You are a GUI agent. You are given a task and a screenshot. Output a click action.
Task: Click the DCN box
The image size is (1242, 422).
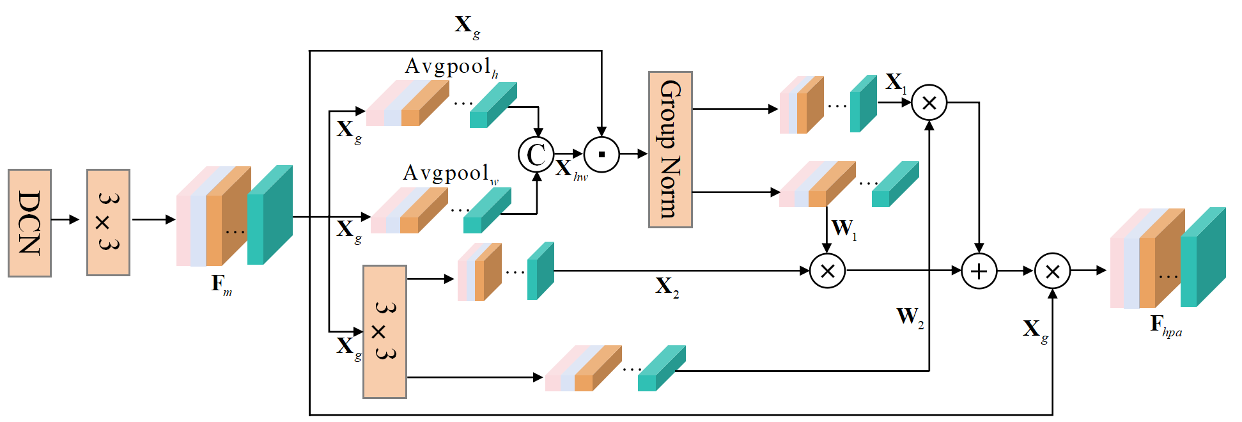[29, 223]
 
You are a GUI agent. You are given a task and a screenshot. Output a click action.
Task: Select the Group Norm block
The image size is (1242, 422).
[671, 150]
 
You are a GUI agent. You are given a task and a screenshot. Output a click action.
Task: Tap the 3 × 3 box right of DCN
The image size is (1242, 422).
[109, 223]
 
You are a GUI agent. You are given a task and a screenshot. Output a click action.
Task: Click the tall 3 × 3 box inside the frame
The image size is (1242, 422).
[385, 332]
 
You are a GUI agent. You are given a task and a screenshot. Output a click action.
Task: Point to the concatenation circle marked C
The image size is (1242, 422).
[536, 155]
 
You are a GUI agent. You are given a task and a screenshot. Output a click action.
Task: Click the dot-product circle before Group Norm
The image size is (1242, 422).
[602, 155]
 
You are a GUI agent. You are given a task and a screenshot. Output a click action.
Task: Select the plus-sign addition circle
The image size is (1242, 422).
[979, 271]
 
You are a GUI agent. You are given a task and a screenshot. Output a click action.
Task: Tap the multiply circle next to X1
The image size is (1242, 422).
[929, 102]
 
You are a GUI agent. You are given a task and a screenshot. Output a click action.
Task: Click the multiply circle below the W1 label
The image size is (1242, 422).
[827, 271]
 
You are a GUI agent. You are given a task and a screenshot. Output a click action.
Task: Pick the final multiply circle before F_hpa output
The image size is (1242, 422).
[1052, 271]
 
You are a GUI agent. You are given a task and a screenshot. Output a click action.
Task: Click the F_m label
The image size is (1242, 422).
[222, 285]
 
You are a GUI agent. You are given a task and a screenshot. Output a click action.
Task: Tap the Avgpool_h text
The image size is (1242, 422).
[452, 67]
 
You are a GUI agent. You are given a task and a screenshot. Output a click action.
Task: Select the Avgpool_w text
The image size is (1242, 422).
[451, 174]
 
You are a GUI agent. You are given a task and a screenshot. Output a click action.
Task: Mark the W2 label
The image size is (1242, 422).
[910, 317]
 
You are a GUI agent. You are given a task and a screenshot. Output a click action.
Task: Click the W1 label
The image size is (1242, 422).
[844, 229]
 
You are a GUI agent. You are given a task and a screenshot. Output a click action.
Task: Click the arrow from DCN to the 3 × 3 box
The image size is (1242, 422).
[65, 220]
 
